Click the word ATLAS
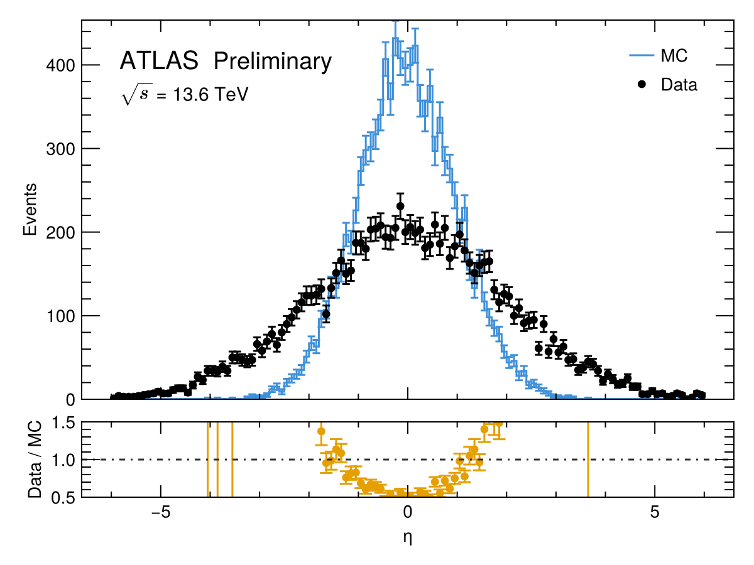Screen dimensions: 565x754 [x=159, y=61]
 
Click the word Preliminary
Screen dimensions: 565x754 [x=272, y=61]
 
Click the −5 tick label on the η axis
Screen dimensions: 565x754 [x=161, y=511]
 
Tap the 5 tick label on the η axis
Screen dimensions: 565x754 [x=654, y=511]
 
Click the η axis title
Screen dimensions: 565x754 [x=408, y=537]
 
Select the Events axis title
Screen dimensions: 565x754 [x=29, y=210]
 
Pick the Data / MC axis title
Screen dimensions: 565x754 [x=36, y=460]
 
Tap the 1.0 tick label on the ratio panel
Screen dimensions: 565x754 [x=62, y=460]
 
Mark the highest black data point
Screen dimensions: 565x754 [x=400, y=206]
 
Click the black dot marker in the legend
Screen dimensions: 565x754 [x=641, y=84]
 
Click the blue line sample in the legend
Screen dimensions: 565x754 [x=641, y=56]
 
